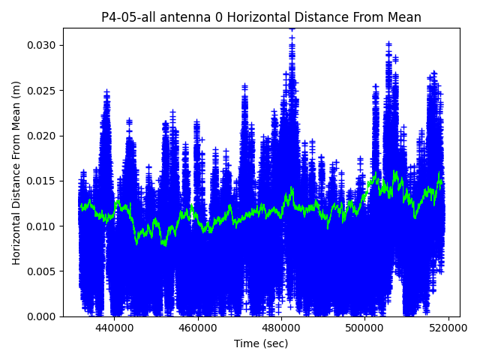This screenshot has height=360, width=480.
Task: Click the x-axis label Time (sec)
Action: tap(261, 343)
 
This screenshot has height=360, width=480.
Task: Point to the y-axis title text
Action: tap(16, 172)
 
